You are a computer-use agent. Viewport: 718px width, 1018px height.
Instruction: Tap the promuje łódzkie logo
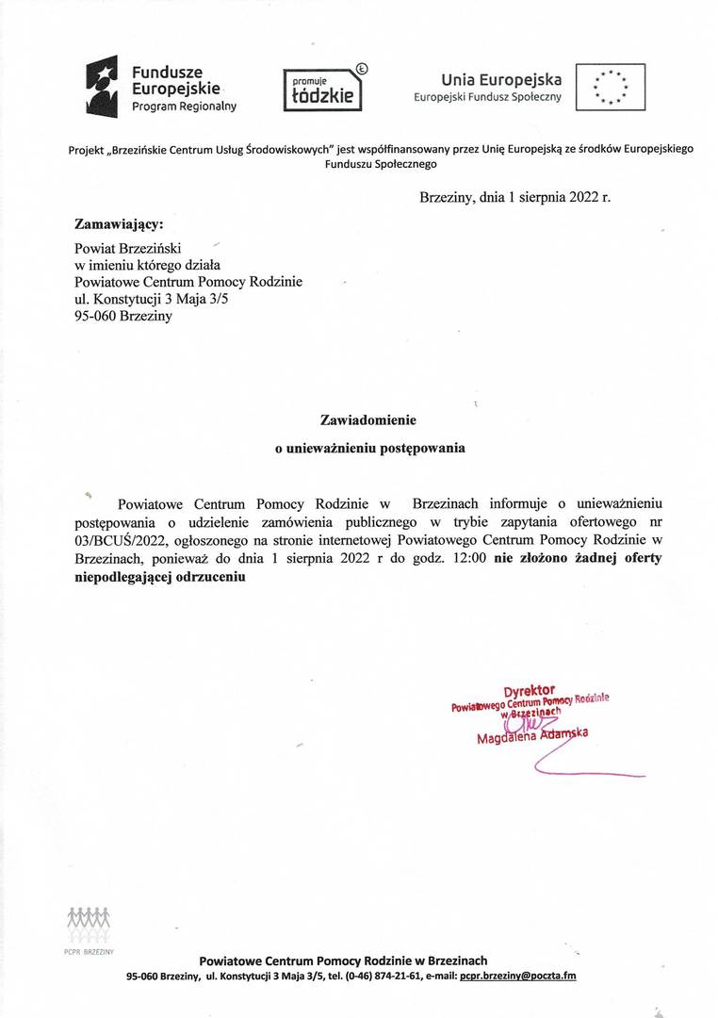(322, 90)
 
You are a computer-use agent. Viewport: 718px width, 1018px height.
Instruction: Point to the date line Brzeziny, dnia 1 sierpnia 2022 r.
(514, 198)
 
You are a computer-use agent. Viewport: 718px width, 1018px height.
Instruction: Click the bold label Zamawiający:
(119, 224)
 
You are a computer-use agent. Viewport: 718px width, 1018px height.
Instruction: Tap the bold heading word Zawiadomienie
(368, 419)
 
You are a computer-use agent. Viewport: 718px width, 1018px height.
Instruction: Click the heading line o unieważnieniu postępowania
(369, 449)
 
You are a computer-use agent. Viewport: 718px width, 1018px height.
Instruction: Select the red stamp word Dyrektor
(529, 690)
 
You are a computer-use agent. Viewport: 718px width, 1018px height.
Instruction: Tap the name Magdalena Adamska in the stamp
(532, 736)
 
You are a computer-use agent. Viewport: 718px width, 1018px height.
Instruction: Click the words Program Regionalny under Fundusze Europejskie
(184, 107)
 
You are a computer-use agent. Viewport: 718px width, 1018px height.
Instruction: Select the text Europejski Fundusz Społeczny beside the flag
(487, 97)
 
